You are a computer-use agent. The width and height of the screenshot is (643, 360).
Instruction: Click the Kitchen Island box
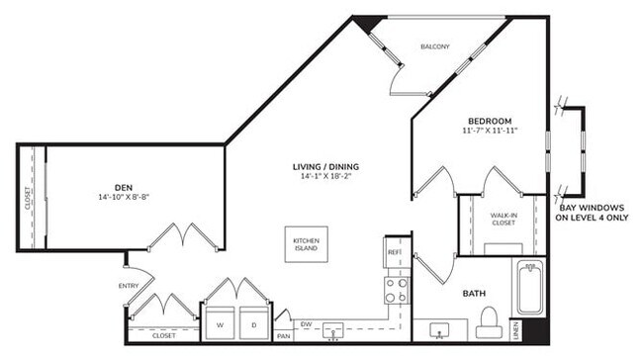306,243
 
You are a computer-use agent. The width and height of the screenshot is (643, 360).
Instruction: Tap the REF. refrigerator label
394,252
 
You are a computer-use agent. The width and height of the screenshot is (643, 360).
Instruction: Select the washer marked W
218,322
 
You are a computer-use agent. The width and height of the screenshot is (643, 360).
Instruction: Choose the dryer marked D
253,322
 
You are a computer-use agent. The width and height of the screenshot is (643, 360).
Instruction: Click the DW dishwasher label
306,323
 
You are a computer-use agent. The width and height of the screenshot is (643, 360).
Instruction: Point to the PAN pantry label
282,335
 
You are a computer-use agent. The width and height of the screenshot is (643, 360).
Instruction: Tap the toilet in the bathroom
487,321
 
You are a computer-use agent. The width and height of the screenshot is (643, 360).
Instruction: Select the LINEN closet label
516,329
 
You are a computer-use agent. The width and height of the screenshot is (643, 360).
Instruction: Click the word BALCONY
435,46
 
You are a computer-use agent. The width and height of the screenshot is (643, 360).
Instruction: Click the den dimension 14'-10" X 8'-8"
124,196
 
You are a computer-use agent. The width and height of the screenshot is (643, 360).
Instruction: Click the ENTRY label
128,286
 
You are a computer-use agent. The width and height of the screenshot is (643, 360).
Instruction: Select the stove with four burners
396,289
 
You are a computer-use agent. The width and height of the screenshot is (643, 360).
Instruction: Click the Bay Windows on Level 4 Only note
594,212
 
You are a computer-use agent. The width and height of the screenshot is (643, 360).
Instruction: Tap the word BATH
474,294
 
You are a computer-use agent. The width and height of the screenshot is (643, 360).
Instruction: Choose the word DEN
124,185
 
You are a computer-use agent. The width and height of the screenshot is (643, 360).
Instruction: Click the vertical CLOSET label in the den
28,199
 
